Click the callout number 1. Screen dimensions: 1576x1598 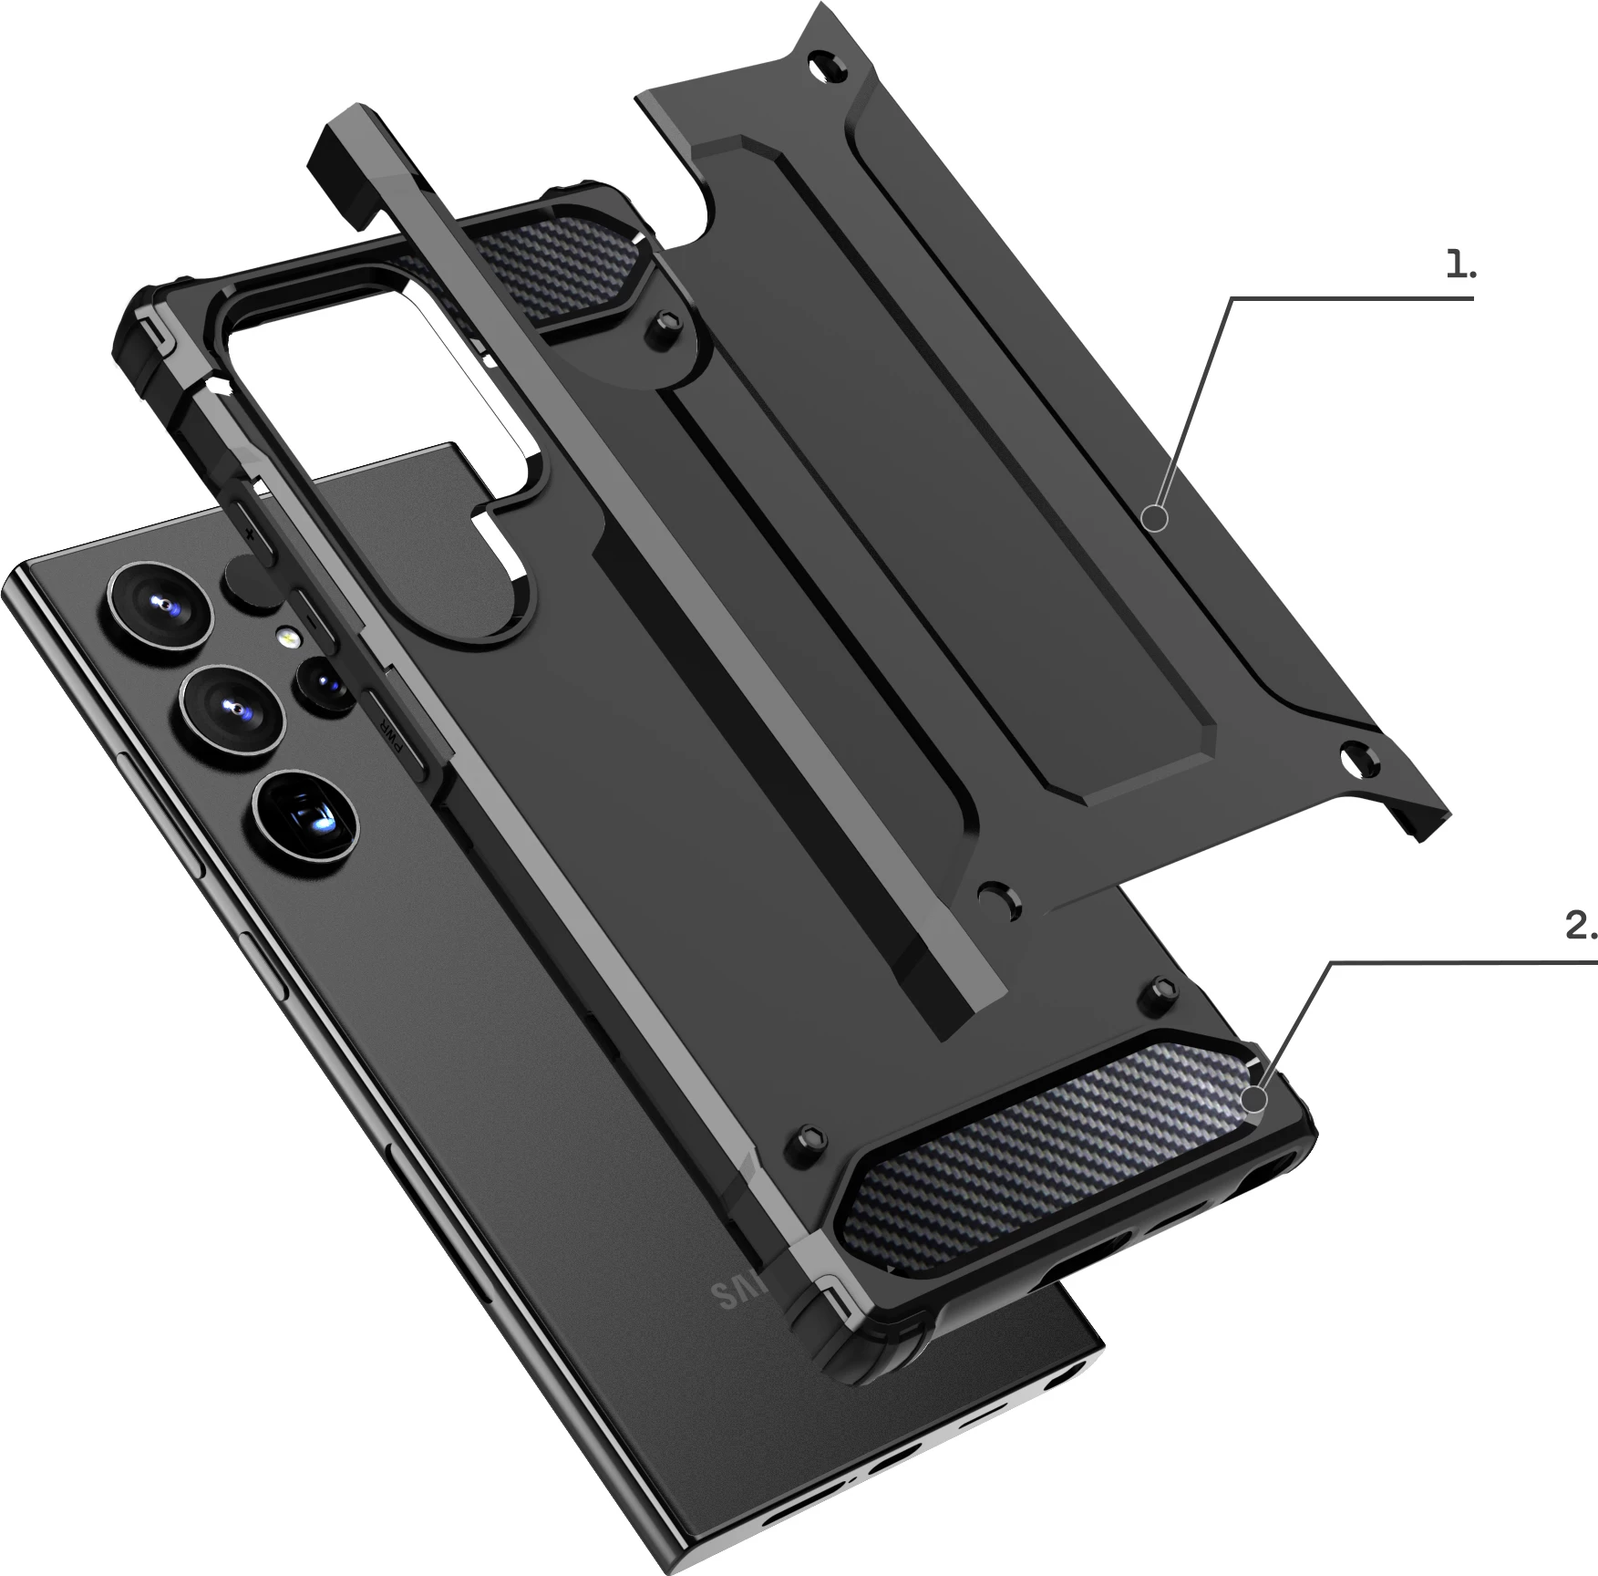pos(1460,265)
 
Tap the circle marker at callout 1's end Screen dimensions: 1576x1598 pos(1155,519)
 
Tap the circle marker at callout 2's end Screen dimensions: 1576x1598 pos(1257,1100)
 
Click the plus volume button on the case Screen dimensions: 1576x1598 pos(251,529)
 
